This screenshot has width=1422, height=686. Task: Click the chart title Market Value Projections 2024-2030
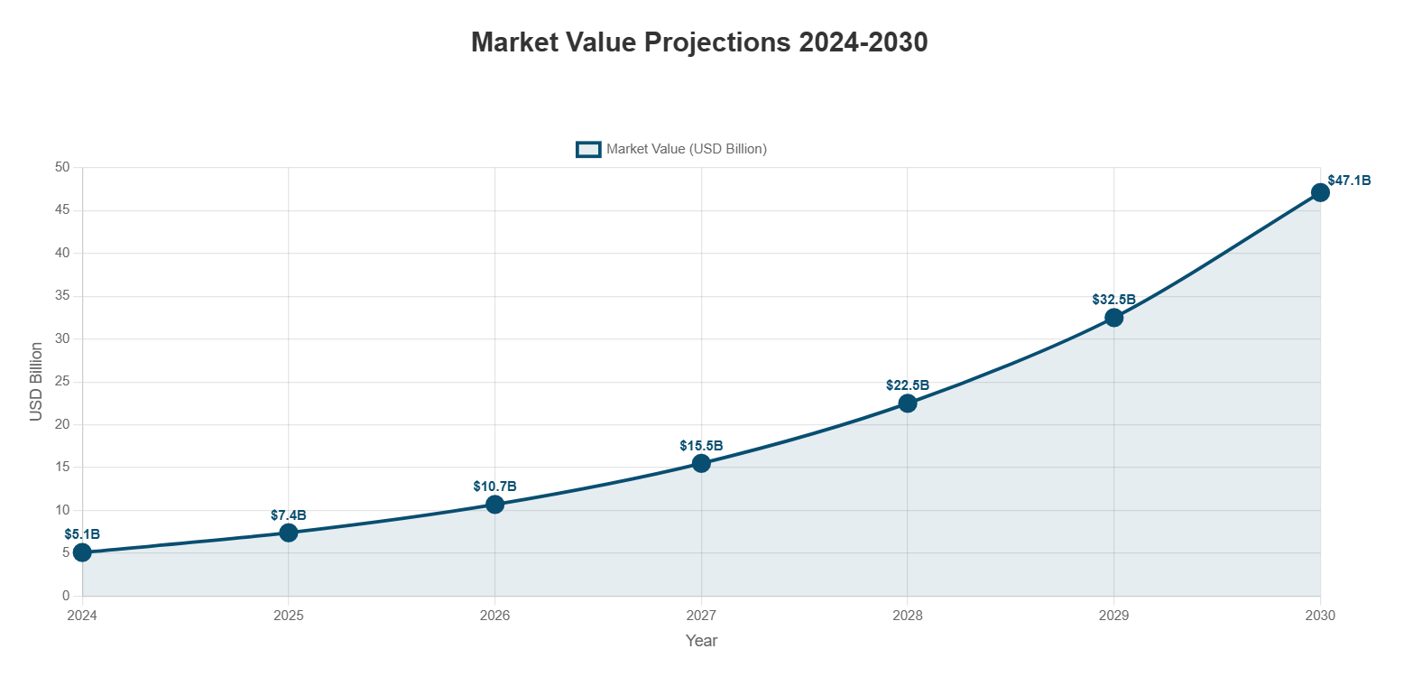[x=699, y=42]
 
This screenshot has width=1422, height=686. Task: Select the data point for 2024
[x=82, y=552]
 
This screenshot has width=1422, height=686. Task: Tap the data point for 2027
[x=701, y=463]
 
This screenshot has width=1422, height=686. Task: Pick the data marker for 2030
[x=1320, y=192]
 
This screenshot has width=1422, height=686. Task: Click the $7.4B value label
[x=289, y=515]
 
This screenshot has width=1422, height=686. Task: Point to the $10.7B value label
[x=494, y=487]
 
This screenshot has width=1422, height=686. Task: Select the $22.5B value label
[x=908, y=385]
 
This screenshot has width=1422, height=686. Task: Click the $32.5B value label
[x=1113, y=300]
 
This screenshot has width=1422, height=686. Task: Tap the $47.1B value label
[x=1349, y=181]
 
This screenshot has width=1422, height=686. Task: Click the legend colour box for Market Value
[x=588, y=149]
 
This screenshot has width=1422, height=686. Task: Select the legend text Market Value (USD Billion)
[x=687, y=149]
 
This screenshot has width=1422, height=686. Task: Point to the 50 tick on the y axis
[x=62, y=167]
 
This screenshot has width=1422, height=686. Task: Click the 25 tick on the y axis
[x=62, y=382]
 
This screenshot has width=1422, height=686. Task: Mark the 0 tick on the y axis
[x=66, y=596]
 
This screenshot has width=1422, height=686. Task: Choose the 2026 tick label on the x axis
[x=494, y=616]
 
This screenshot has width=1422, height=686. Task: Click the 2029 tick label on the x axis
[x=1113, y=616]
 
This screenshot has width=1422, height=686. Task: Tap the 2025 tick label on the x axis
[x=289, y=616]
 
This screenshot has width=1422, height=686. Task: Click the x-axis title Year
[x=701, y=641]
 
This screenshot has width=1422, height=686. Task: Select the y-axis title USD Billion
[x=36, y=381]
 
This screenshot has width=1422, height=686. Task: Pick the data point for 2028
[x=908, y=403]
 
